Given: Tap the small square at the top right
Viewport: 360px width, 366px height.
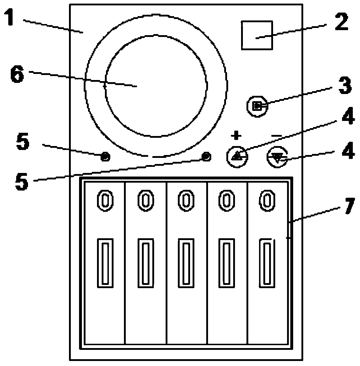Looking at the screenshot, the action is [257, 35].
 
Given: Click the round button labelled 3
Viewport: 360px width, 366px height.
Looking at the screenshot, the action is [257, 106].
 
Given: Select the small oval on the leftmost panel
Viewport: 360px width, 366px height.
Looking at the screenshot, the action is [105, 199].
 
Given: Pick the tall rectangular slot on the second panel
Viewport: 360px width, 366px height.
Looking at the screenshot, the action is [145, 263].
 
